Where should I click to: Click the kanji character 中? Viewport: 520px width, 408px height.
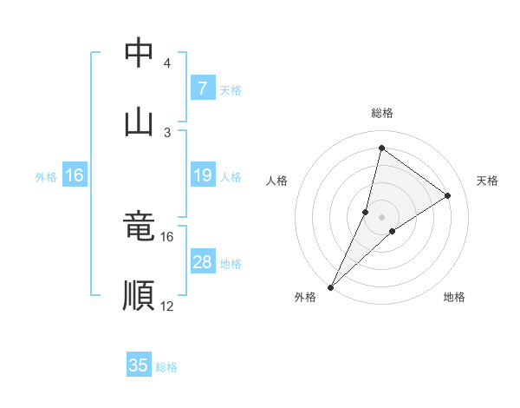(x=139, y=54)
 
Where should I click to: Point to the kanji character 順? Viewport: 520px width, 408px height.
(x=139, y=295)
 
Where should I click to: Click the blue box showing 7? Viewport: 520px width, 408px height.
(x=202, y=89)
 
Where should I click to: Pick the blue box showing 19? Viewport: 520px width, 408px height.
(x=202, y=175)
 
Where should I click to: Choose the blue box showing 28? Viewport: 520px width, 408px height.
(x=202, y=262)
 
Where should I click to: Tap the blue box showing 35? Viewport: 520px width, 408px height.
(x=139, y=365)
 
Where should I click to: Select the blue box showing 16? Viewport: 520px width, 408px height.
(x=75, y=175)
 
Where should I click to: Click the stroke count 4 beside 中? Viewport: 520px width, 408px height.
(x=167, y=63)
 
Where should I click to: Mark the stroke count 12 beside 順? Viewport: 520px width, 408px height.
(x=167, y=306)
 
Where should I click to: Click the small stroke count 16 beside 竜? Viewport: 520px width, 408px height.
(x=167, y=236)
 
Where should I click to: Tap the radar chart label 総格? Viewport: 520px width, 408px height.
(x=381, y=113)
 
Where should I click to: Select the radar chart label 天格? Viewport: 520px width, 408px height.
(x=488, y=181)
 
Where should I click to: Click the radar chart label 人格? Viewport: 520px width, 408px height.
(x=276, y=181)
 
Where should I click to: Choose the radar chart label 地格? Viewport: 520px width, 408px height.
(x=454, y=297)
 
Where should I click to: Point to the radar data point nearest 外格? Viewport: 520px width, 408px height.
(x=330, y=286)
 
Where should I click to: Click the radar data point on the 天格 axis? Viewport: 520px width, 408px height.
(x=448, y=196)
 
